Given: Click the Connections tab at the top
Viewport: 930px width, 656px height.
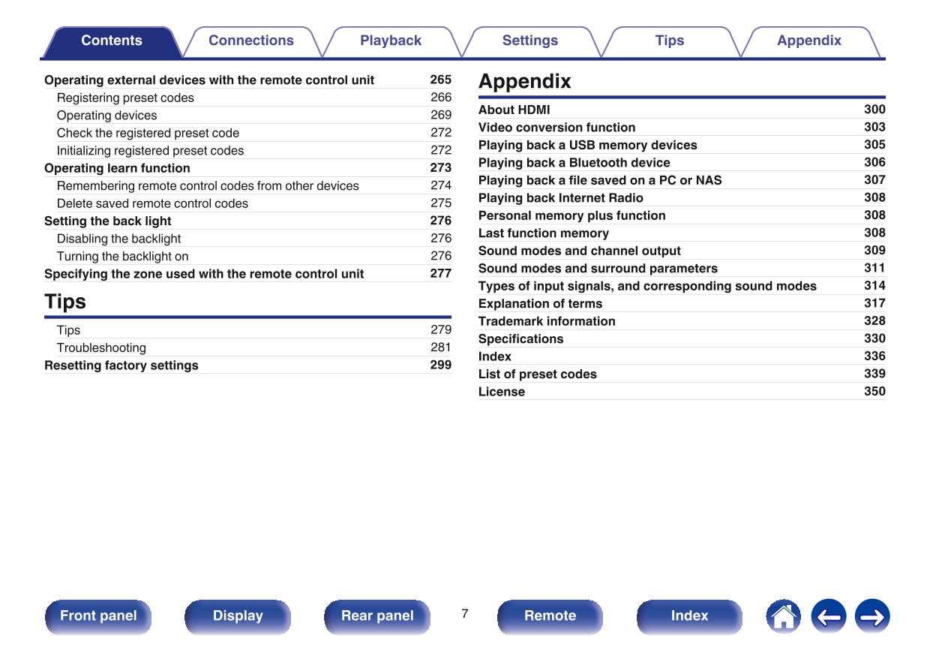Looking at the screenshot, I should coord(251,41).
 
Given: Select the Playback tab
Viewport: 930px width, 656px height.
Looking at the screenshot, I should coord(391,41).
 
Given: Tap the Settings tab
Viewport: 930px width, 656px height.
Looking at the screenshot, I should coord(530,41).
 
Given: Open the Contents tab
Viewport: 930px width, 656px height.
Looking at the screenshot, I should coord(112,41).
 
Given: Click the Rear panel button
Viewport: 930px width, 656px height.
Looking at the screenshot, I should coord(377,616).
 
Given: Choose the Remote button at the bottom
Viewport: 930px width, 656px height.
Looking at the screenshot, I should coord(550,616).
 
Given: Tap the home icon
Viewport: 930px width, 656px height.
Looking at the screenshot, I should coord(783,617).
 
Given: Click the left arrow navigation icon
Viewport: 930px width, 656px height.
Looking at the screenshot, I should coord(828,617).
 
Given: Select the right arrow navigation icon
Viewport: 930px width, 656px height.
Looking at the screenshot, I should coord(872,617).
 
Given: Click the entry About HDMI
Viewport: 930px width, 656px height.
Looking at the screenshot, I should coord(514,110).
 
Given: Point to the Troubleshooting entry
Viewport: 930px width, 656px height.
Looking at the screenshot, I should coord(101,348).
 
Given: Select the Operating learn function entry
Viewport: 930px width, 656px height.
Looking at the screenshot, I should coord(117,168).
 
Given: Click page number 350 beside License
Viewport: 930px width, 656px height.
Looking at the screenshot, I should coord(874,391).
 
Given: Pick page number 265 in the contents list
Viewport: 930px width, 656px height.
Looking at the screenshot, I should coord(440,80).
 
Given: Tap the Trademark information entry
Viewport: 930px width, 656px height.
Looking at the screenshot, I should coord(547,321).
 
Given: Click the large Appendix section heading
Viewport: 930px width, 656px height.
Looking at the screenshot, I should coord(525,81).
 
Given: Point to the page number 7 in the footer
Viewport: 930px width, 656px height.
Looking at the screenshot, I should coord(465,614).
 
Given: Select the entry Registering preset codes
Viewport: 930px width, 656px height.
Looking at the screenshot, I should coord(125,98).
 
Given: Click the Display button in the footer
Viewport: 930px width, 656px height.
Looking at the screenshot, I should coord(238,616).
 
